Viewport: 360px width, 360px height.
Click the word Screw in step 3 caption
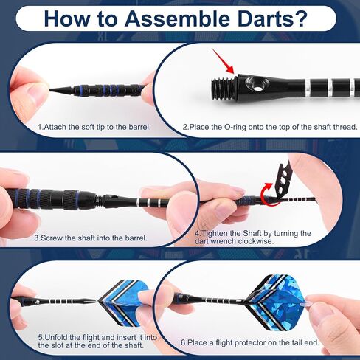click(53, 238)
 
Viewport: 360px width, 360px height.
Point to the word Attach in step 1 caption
click(56, 127)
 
